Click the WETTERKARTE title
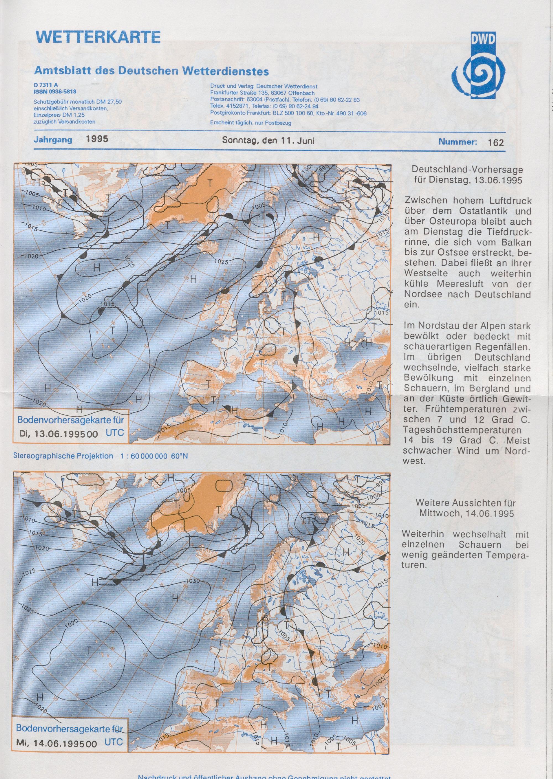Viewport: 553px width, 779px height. click(x=97, y=37)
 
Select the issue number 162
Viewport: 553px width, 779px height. click(x=495, y=143)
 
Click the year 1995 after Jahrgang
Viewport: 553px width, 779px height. click(x=97, y=139)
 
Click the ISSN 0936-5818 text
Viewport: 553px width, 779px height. click(x=54, y=91)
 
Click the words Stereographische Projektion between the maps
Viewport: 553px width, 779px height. click(x=63, y=456)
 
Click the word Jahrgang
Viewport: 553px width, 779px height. click(x=53, y=140)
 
